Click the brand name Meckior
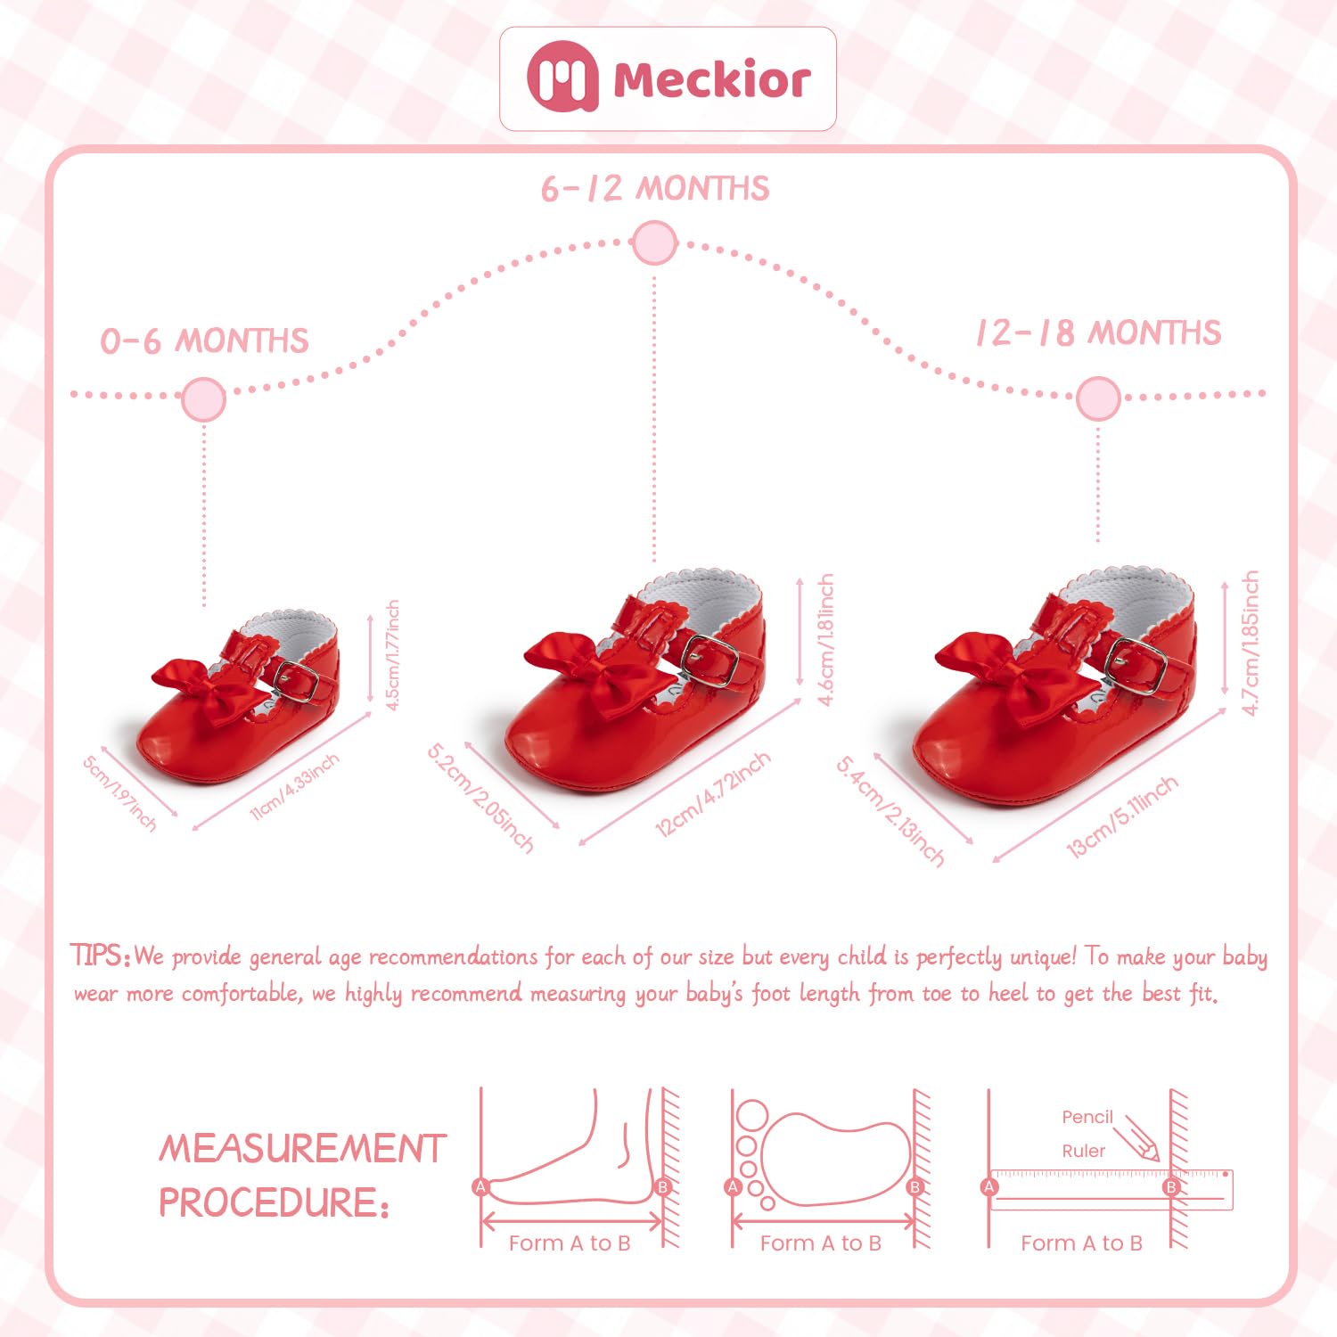tap(711, 80)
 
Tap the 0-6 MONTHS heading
tap(204, 341)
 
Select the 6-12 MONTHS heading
tap(655, 189)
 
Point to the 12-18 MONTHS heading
tap(1097, 333)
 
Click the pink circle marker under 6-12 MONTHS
tap(654, 242)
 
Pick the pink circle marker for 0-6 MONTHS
tap(203, 398)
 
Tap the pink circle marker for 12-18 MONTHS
tap(1097, 398)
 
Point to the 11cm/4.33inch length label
tap(294, 787)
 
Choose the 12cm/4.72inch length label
tap(712, 794)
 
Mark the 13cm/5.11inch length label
tap(1122, 816)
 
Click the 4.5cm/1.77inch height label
tap(392, 654)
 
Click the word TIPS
tap(100, 956)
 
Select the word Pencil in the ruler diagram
tap(1087, 1117)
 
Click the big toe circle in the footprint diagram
tap(751, 1115)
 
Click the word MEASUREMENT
tap(302, 1148)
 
